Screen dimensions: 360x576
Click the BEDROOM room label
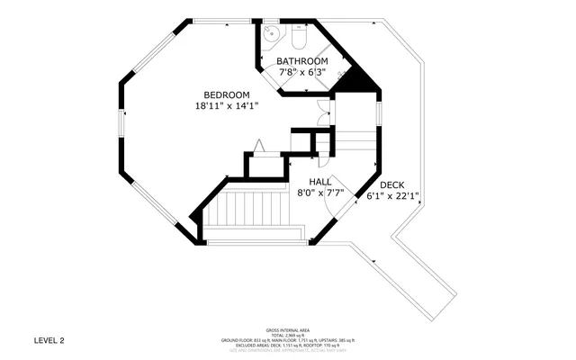point(226,94)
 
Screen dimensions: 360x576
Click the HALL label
point(320,181)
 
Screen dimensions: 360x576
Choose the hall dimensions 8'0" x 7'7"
point(320,192)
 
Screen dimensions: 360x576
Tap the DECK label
point(391,185)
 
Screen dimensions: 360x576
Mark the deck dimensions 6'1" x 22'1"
point(393,196)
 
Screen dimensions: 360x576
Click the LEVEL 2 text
point(49,340)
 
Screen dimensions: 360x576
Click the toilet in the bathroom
point(300,37)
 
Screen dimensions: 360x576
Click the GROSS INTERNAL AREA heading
point(287,330)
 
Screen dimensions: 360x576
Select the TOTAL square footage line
point(287,335)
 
